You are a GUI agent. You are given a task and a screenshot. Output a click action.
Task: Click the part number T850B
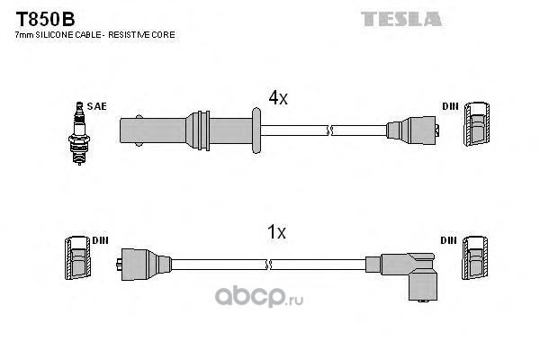point(45,19)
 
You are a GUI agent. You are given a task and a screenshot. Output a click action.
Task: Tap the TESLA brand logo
point(401,19)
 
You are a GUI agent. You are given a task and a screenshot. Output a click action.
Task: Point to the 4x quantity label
point(278,98)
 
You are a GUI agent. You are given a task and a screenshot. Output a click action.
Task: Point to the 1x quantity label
point(276,232)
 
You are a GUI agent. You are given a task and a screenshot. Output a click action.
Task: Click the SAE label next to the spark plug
point(97,106)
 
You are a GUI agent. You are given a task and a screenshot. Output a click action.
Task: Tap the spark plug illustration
point(79,133)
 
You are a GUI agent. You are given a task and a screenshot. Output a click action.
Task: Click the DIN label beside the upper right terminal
point(451,106)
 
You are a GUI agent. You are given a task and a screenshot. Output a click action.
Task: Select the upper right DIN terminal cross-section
point(477,124)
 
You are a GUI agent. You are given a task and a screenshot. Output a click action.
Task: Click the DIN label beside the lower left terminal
point(100,240)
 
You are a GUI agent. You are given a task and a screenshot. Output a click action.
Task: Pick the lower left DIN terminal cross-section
point(78,257)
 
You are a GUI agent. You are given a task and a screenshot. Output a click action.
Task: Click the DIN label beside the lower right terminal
point(449,240)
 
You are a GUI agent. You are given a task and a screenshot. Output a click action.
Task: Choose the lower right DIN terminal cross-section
point(475,257)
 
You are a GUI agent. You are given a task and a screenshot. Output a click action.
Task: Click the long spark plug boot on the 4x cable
point(186,130)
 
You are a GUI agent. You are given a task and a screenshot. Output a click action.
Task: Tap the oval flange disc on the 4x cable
point(256,130)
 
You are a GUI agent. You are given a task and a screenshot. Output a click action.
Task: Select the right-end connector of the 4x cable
point(412,130)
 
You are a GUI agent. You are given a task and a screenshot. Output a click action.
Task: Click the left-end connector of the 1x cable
point(144,265)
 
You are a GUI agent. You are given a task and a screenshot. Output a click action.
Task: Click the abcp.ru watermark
point(259,296)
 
